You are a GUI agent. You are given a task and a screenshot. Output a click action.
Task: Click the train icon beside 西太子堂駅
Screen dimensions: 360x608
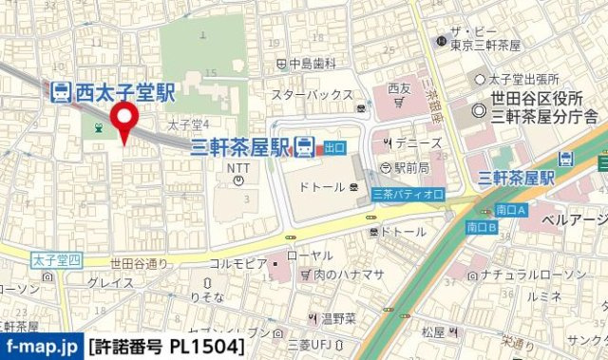(59, 92)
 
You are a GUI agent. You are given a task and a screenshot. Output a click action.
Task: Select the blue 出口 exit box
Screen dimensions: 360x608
(333, 147)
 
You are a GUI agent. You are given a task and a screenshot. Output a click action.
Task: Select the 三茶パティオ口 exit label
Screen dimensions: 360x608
(408, 194)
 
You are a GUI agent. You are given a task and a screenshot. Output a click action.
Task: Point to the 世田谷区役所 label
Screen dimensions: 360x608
(538, 100)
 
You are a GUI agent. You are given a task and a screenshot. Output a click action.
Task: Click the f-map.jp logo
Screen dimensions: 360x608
(41, 347)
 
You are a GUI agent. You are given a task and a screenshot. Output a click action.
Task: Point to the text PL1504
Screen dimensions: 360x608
(211, 347)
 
